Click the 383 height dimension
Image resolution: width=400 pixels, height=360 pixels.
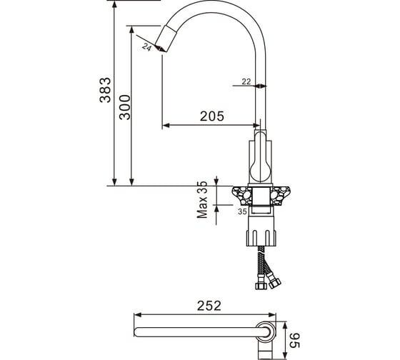click(106, 90)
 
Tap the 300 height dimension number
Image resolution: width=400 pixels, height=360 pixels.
click(125, 107)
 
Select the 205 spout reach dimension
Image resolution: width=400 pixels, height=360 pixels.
click(211, 116)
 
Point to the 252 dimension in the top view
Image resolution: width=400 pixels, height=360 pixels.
click(209, 306)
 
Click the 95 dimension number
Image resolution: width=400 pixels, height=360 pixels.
click(294, 340)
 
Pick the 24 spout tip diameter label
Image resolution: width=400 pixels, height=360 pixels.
click(146, 47)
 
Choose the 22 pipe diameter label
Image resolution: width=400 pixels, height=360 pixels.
click(246, 81)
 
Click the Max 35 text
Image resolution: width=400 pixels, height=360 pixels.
click(202, 199)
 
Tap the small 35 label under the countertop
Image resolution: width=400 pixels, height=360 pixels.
click(242, 211)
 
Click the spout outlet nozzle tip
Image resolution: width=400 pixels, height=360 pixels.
click(165, 39)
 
